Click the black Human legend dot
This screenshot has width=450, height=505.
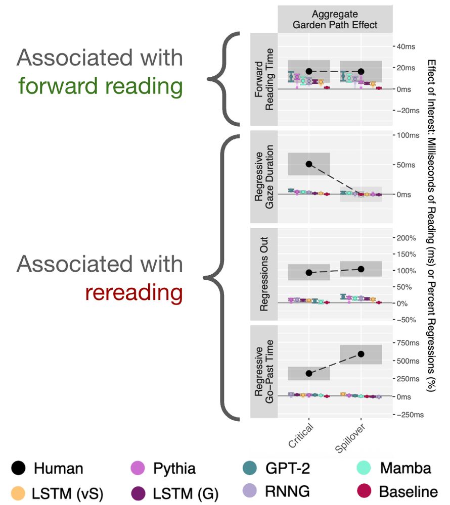(18, 468)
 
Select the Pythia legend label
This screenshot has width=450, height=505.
(174, 468)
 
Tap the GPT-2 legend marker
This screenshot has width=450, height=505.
(249, 468)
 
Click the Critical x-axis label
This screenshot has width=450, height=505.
(302, 435)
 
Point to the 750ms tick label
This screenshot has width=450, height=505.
(409, 343)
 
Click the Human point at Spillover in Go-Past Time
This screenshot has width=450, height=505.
(361, 353)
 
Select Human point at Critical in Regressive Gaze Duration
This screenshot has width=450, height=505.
(309, 164)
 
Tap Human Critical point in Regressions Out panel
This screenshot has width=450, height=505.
(309, 273)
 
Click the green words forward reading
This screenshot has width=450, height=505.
(100, 86)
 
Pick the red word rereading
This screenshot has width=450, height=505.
(134, 292)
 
